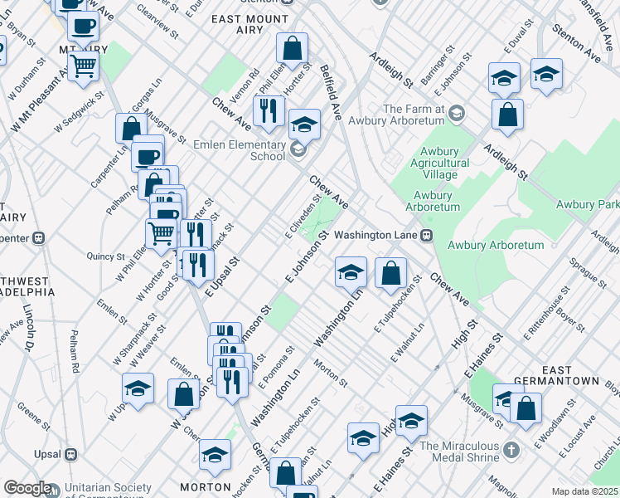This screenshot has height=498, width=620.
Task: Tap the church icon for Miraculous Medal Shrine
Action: click(511, 451)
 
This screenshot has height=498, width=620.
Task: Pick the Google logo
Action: click(27, 488)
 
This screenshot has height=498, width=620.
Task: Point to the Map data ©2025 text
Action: click(585, 491)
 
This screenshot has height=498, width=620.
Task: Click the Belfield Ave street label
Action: click(330, 93)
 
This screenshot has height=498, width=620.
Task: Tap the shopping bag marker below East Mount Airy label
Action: click(292, 49)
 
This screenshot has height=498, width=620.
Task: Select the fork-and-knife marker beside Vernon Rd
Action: click(269, 111)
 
